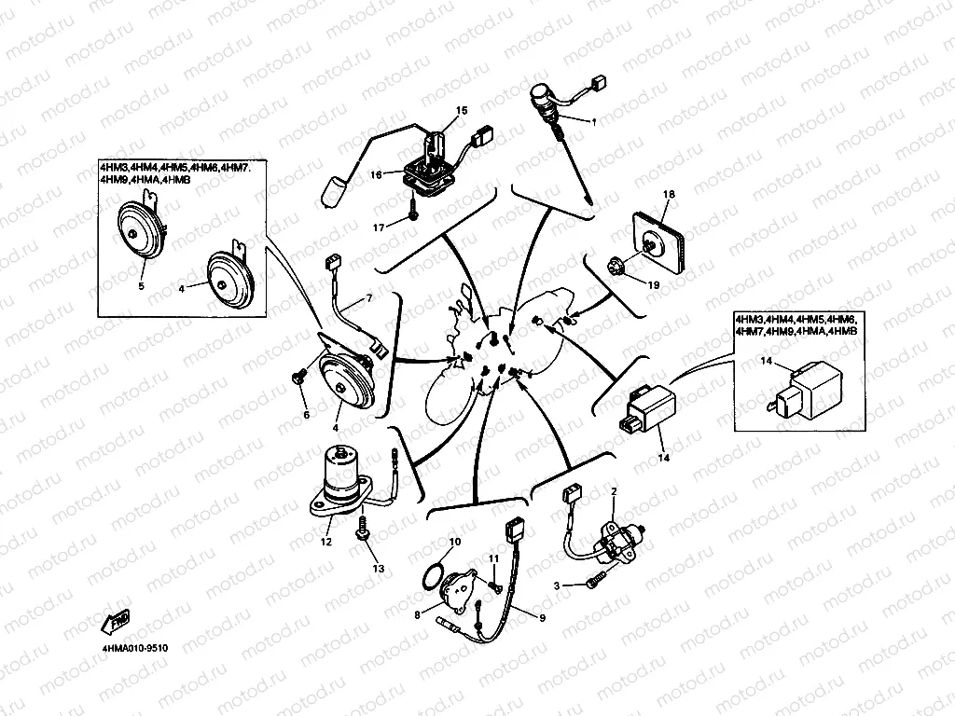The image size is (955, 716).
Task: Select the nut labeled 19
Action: (x=617, y=268)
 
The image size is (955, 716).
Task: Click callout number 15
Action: (x=461, y=111)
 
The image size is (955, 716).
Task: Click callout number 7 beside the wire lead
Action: (x=367, y=297)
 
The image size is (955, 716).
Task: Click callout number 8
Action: (x=418, y=613)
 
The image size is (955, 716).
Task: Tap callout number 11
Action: (x=494, y=558)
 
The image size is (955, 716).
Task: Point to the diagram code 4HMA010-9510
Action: (x=135, y=645)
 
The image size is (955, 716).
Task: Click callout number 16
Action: (x=375, y=175)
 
